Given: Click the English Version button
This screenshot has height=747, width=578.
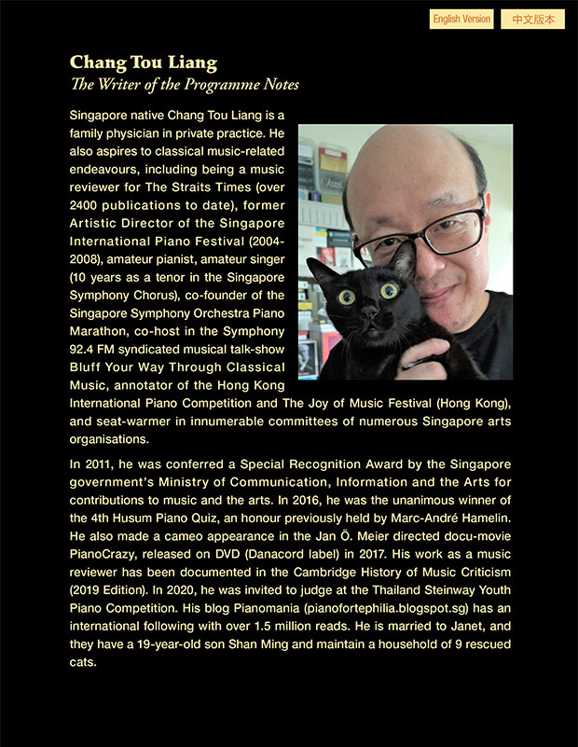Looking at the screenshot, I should click(x=461, y=20).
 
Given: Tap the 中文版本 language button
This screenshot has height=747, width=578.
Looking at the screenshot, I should click(x=532, y=20).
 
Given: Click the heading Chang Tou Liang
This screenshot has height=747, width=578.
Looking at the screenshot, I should click(x=143, y=63).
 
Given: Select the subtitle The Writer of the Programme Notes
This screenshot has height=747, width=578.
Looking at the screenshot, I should click(x=185, y=85).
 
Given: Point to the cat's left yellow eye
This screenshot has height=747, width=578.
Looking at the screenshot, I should click(x=346, y=297).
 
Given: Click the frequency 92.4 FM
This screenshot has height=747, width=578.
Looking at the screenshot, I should click(x=97, y=348).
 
